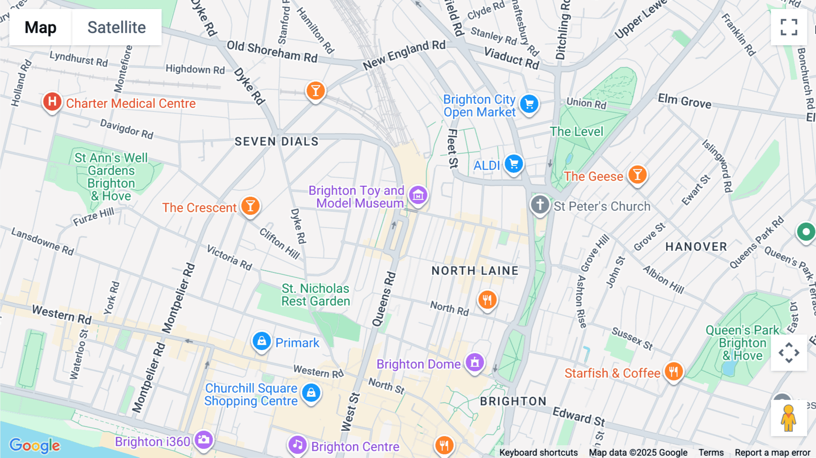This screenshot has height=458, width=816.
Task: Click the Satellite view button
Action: pyautogui.click(x=117, y=27)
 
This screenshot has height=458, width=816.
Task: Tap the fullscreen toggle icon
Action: pyautogui.click(x=789, y=27)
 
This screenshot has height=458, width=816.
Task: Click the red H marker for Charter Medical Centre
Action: pyautogui.click(x=52, y=102)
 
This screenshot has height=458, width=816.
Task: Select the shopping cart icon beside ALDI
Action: pyautogui.click(x=514, y=164)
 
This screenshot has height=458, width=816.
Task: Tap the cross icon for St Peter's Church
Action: pyautogui.click(x=540, y=205)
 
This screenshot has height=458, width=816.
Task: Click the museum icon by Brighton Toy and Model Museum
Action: pyautogui.click(x=418, y=195)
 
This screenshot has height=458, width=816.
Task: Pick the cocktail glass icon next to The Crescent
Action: pyautogui.click(x=250, y=206)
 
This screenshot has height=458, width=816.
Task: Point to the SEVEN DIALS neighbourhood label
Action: pyautogui.click(x=277, y=141)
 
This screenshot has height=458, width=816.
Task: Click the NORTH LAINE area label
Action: pyautogui.click(x=475, y=271)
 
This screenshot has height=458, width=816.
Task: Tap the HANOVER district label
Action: pyautogui.click(x=696, y=247)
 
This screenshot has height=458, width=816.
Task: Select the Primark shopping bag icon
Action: pyautogui.click(x=262, y=341)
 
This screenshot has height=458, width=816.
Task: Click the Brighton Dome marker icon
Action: pyautogui.click(x=475, y=362)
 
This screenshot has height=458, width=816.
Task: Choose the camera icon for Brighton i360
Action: pyautogui.click(x=204, y=439)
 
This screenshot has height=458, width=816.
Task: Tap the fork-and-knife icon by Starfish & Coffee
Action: pyautogui.click(x=674, y=372)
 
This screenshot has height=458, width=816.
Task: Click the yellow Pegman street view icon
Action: pyautogui.click(x=788, y=418)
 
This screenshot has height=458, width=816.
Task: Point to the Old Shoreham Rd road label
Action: pyautogui.click(x=272, y=52)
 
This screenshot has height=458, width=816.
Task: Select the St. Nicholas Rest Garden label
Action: pyautogui.click(x=316, y=295)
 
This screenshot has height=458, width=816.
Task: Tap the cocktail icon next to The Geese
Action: pyautogui.click(x=637, y=175)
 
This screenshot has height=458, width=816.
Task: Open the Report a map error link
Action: pyautogui.click(x=772, y=453)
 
